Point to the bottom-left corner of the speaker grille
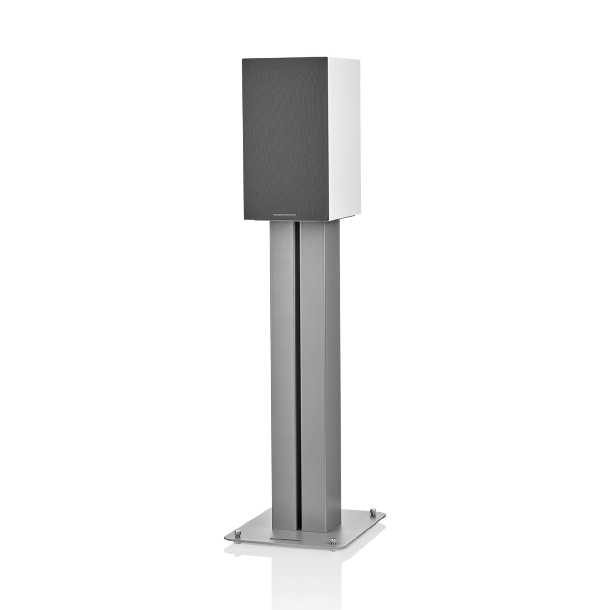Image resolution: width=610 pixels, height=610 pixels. tap(244, 220)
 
